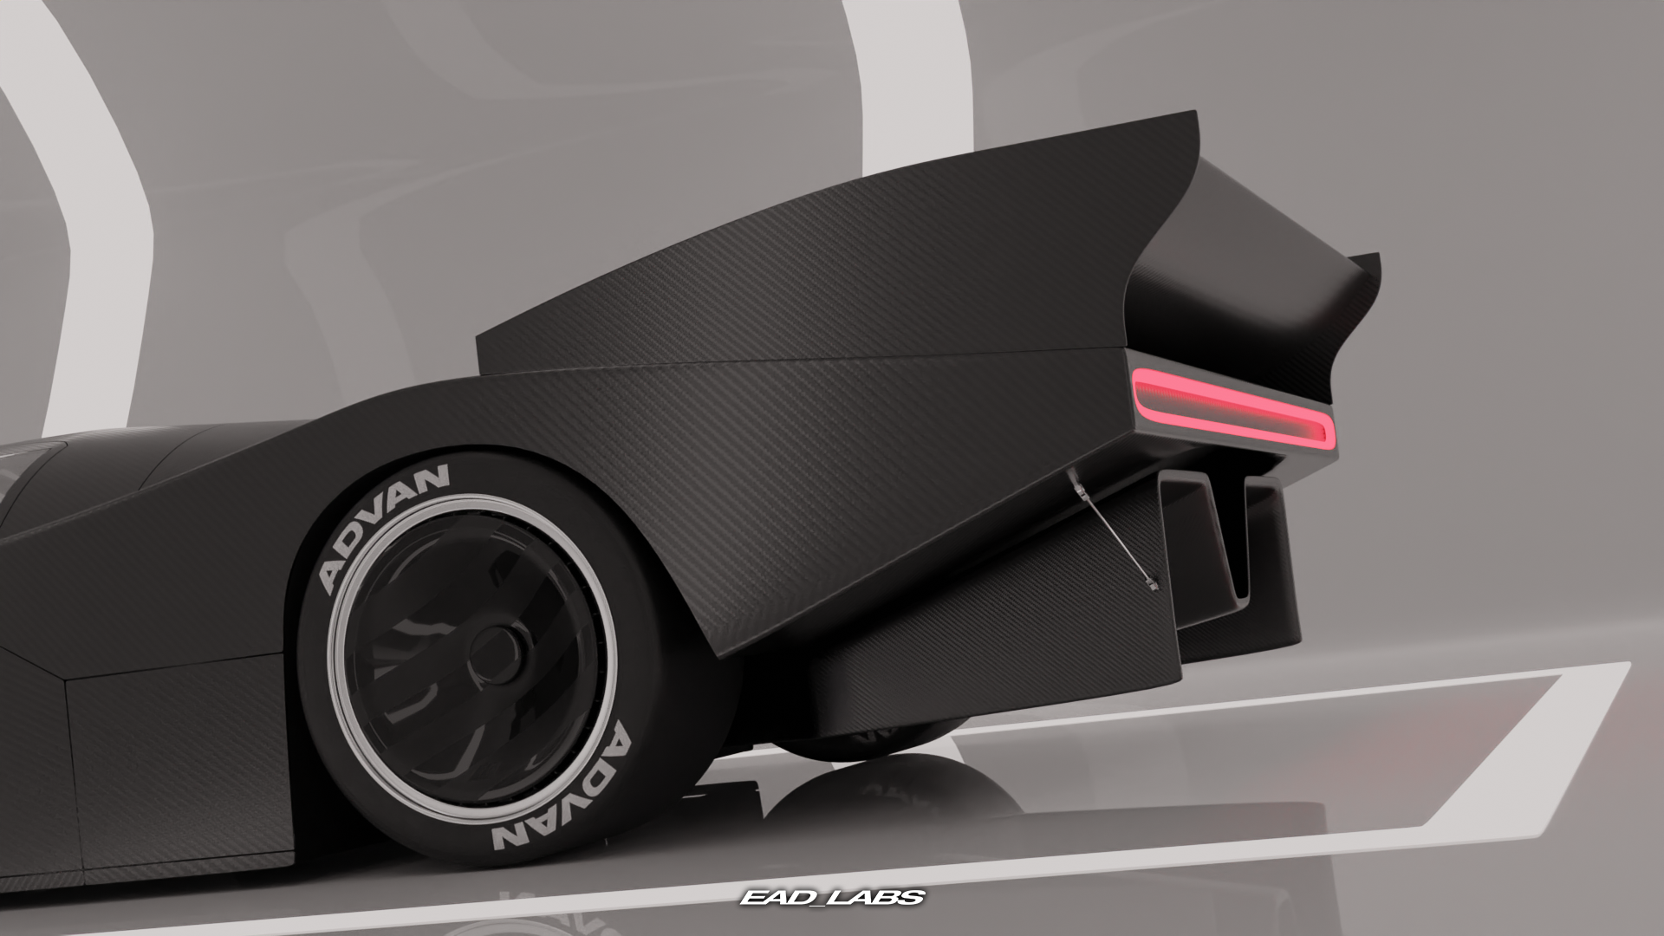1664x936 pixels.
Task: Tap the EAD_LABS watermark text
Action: click(x=832, y=897)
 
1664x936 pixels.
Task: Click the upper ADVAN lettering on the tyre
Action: click(x=386, y=527)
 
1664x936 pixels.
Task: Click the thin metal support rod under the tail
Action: click(x=1114, y=530)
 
